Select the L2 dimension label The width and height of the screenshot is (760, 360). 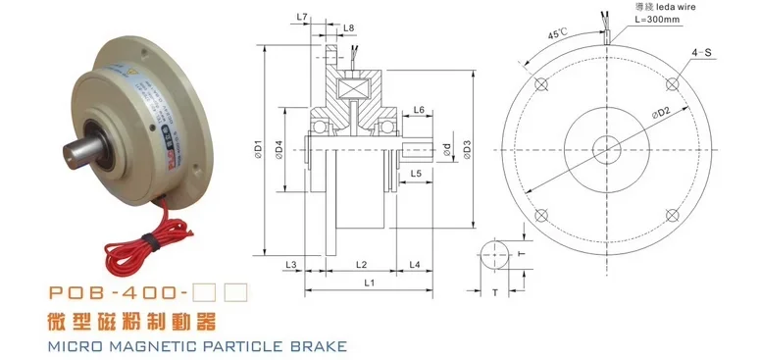click(360, 265)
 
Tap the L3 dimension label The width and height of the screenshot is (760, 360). click(290, 265)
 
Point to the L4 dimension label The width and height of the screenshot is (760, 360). click(415, 265)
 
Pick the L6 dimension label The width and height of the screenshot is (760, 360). click(419, 110)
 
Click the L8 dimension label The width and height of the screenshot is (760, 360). click(349, 28)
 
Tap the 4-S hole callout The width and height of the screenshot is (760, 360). click(714, 49)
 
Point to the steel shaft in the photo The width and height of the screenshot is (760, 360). click(83, 161)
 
